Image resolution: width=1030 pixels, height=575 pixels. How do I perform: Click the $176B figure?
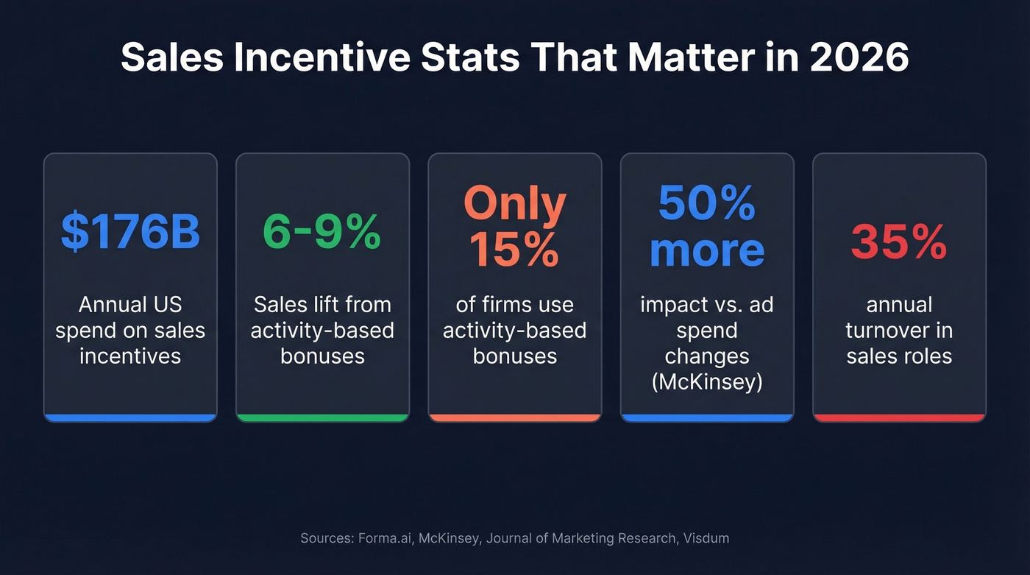click(130, 231)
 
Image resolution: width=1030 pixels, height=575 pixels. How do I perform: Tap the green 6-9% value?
click(322, 231)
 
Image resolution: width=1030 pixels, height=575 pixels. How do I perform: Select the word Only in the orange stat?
click(515, 204)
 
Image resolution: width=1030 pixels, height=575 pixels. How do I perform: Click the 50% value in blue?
click(706, 204)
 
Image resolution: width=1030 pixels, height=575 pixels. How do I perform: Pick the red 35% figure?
click(898, 242)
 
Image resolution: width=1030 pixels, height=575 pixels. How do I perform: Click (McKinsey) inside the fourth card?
click(707, 382)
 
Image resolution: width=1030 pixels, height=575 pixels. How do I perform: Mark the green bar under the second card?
click(322, 417)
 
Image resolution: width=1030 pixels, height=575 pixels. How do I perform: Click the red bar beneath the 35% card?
click(898, 417)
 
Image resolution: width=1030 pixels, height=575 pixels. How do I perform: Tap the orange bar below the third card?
click(515, 417)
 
